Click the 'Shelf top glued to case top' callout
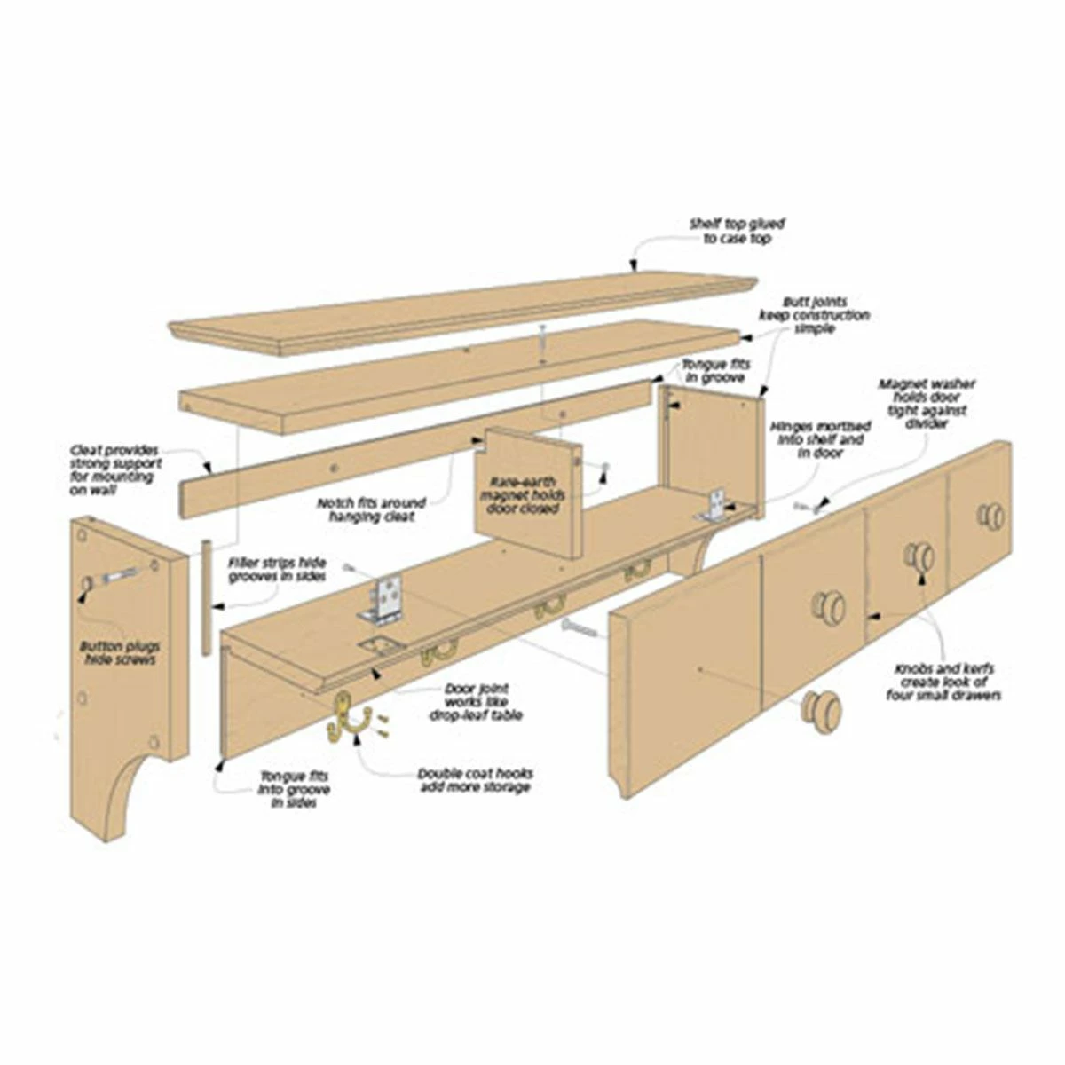(x=737, y=232)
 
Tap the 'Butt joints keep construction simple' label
(x=813, y=315)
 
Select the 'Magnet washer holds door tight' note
(x=914, y=404)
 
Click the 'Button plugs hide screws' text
(x=118, y=652)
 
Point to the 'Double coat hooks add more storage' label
(x=475, y=780)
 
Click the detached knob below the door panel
(x=821, y=710)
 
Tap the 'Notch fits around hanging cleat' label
(x=371, y=509)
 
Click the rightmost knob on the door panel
(x=991, y=516)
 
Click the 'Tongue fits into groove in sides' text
(x=294, y=789)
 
